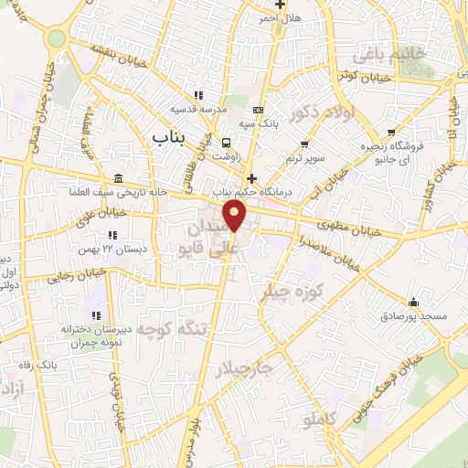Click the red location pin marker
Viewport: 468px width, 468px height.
point(236,218)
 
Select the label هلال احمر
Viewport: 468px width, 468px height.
point(279,17)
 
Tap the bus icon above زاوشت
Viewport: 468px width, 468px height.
point(226,143)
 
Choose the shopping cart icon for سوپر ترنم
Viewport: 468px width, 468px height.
point(305,144)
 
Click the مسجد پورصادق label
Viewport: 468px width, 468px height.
point(414,315)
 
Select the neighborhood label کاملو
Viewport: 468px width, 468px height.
point(320,420)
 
